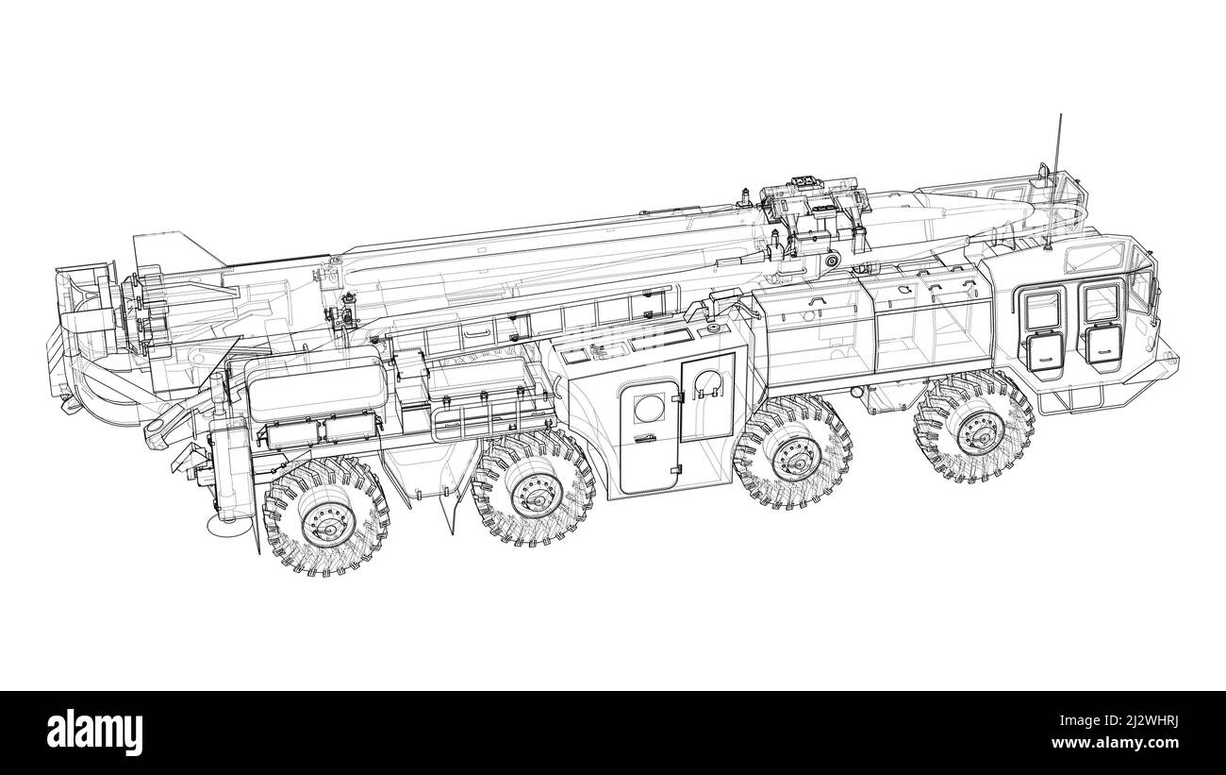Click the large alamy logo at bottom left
(94, 733)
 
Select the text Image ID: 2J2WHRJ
(1118, 721)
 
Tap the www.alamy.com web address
(1115, 743)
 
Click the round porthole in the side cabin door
(649, 408)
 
